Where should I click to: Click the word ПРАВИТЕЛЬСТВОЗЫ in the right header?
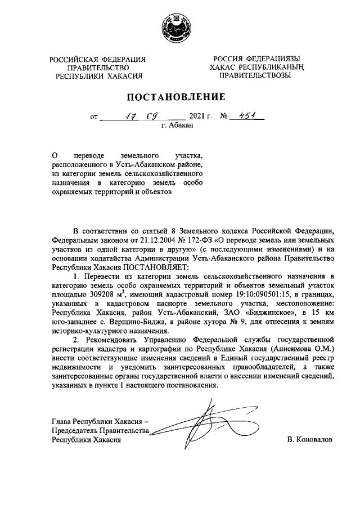[255, 75]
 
